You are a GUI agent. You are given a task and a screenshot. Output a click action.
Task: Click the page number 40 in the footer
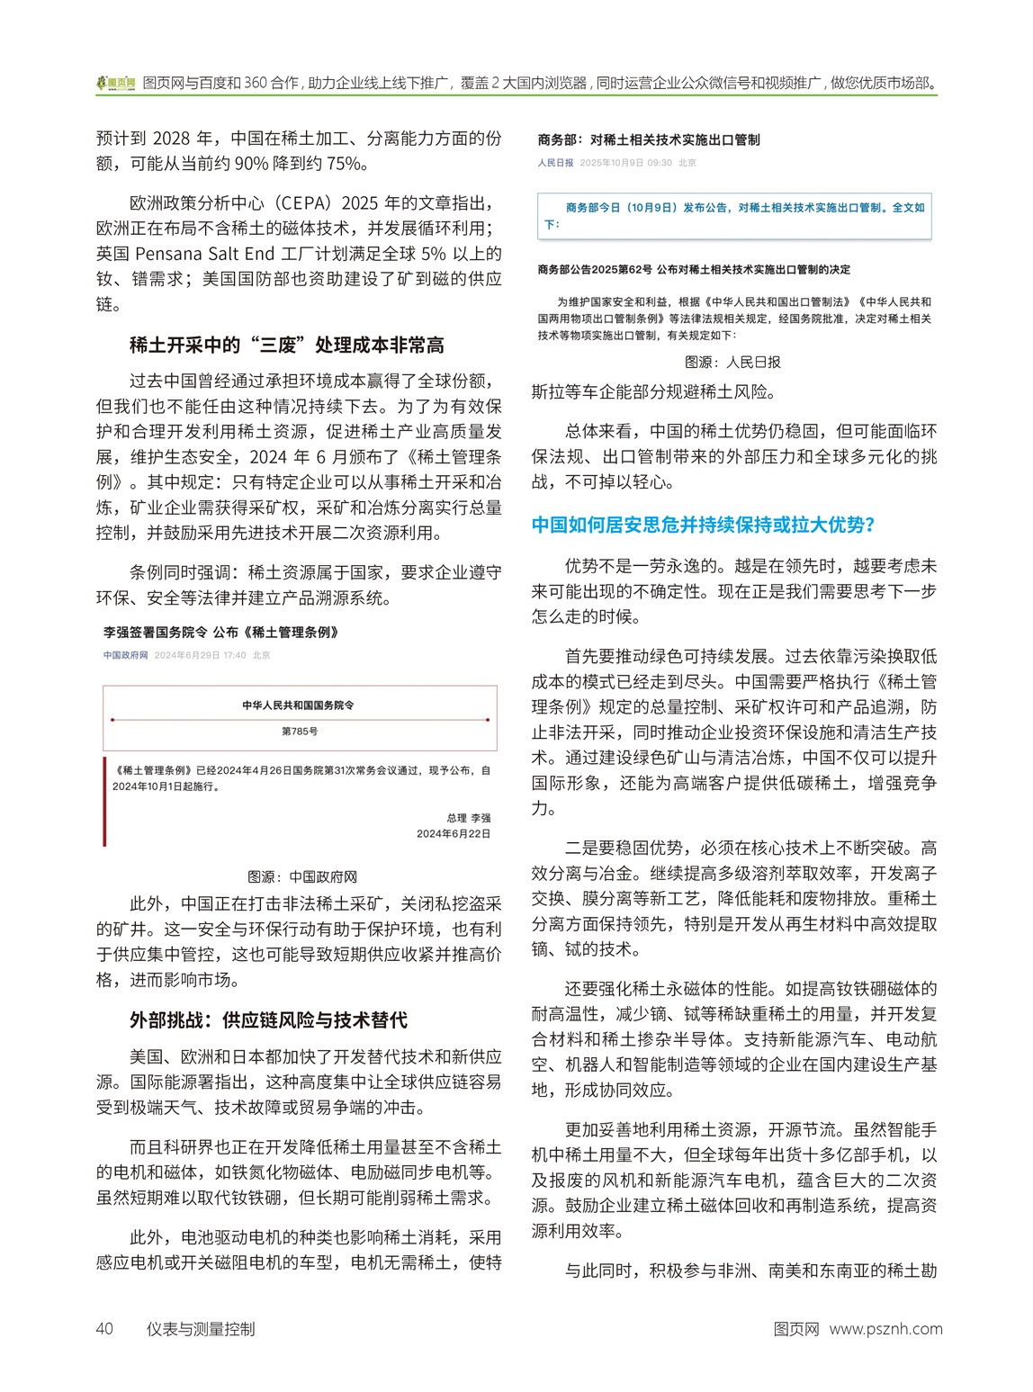[x=104, y=1329]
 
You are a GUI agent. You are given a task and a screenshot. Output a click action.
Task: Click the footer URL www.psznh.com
[x=885, y=1329]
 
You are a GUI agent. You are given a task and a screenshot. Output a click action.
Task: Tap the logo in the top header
[x=116, y=83]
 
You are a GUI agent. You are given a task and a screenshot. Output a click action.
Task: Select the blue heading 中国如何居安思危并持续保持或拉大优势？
[x=703, y=525]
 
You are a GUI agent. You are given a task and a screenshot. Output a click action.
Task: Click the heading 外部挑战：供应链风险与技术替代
[x=268, y=1019]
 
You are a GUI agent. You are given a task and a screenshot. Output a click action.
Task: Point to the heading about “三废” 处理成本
[x=286, y=345]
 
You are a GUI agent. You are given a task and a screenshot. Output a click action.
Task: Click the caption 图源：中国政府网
[x=302, y=876]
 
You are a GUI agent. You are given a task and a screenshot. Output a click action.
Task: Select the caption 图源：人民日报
[x=732, y=362]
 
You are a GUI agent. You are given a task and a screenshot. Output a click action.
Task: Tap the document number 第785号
[x=300, y=732]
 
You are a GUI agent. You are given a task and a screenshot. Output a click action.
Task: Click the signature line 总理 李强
[x=468, y=818]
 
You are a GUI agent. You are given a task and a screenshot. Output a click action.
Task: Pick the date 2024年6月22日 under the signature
[x=454, y=834]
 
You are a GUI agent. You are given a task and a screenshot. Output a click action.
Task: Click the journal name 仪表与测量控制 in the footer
[x=201, y=1329]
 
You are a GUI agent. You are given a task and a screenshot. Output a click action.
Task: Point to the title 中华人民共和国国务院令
[x=299, y=705]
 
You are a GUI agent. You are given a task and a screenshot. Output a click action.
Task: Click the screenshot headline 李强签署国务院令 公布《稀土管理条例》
[x=221, y=633]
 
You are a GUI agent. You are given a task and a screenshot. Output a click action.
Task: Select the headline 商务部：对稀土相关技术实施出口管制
[x=649, y=139]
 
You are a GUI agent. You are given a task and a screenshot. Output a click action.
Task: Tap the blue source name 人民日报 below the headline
[x=555, y=163]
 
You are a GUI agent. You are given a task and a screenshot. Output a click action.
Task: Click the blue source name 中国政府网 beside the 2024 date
[x=125, y=655]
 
